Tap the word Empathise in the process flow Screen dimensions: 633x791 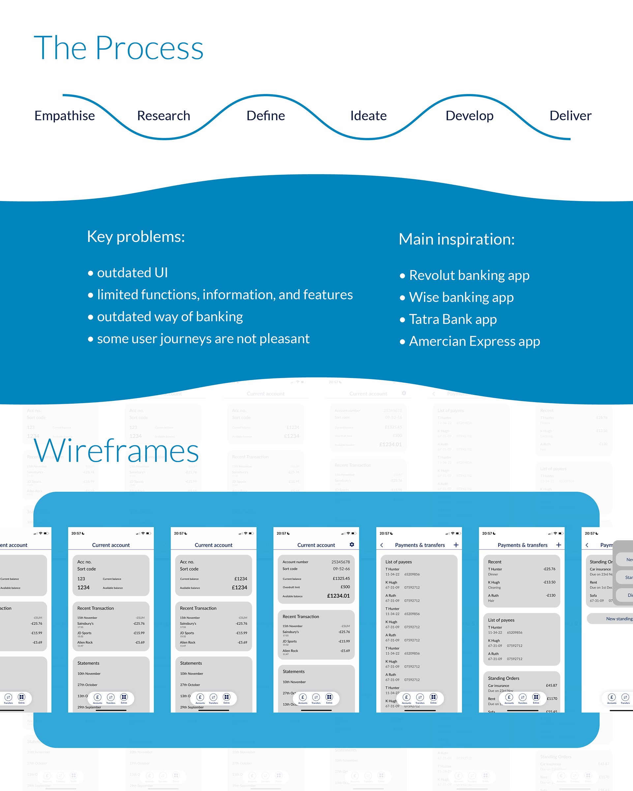(x=65, y=116)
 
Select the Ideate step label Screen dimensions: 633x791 (x=368, y=116)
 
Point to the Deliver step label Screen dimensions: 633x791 (x=570, y=116)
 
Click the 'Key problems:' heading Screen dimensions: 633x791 (x=136, y=237)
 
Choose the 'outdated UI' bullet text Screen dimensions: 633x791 (x=132, y=273)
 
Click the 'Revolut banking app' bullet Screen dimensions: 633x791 (x=469, y=276)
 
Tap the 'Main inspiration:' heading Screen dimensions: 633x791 (x=457, y=239)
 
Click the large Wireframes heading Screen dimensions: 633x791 (x=116, y=451)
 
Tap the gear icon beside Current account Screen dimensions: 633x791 (x=352, y=544)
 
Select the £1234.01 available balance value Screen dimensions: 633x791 (x=338, y=596)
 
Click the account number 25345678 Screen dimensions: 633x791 (x=341, y=562)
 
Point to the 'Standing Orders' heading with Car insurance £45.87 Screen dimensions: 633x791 (x=503, y=678)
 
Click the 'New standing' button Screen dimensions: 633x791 (x=619, y=619)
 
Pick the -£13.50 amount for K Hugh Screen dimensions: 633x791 (x=549, y=582)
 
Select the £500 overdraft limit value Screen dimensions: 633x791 (x=345, y=587)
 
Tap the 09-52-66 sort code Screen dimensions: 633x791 (x=341, y=569)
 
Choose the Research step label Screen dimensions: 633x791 (x=164, y=116)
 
